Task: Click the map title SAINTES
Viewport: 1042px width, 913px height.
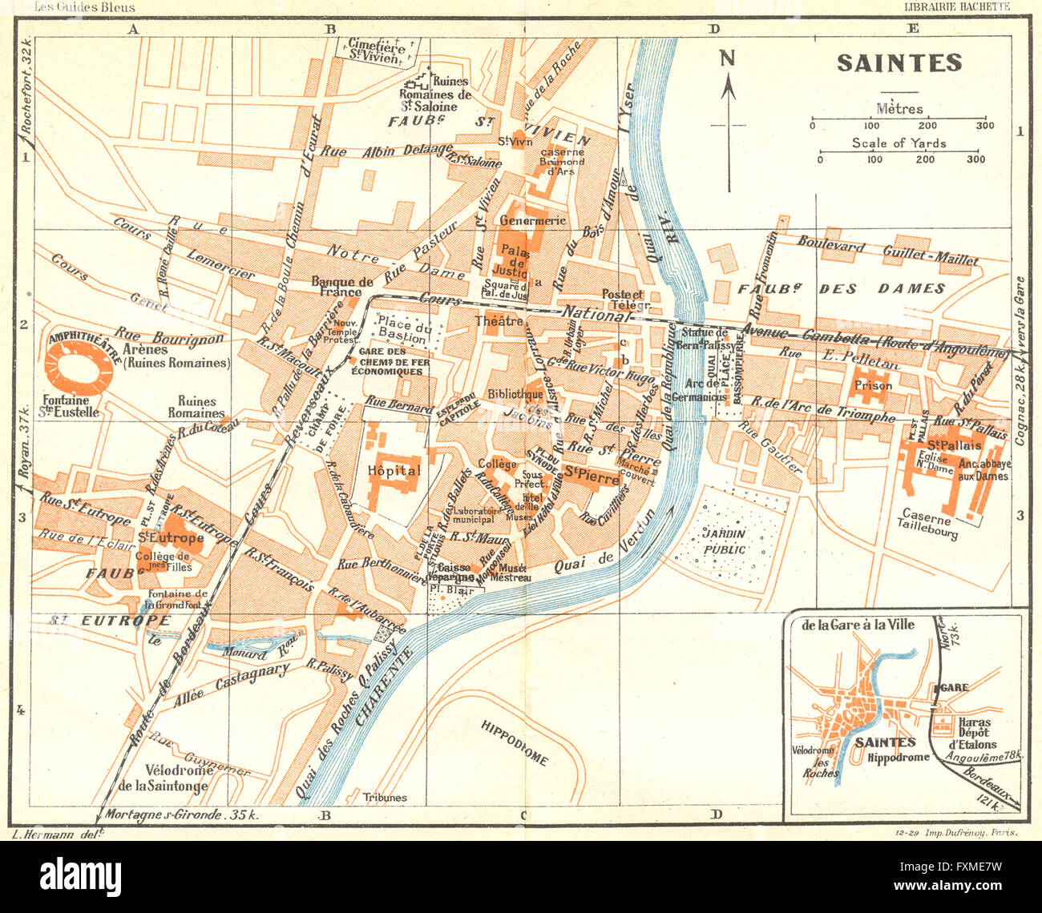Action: coord(899,63)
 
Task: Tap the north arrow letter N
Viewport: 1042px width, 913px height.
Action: coord(727,58)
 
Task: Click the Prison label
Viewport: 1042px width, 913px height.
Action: coord(873,385)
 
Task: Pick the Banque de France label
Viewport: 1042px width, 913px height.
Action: coord(342,287)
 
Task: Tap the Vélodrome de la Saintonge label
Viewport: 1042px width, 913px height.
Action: coord(163,778)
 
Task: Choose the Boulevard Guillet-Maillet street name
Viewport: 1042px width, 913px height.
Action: coord(887,251)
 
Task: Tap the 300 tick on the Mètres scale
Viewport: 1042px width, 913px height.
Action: coord(985,126)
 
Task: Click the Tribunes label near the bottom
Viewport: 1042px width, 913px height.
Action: coord(384,797)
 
